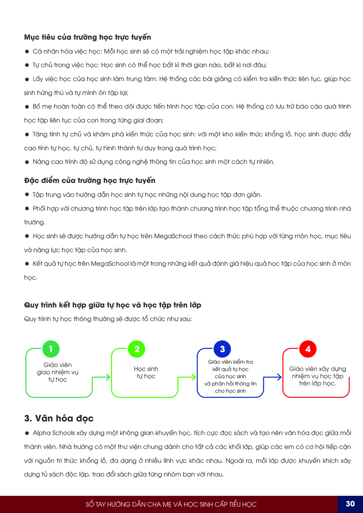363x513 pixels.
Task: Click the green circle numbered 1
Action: point(51,349)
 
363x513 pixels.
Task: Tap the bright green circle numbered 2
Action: point(137,349)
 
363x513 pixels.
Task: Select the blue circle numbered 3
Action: point(222,349)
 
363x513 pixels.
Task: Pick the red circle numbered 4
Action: point(308,349)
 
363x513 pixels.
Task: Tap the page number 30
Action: point(350,504)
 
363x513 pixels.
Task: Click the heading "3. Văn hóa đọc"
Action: point(59,418)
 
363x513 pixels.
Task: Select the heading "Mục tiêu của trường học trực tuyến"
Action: point(87,37)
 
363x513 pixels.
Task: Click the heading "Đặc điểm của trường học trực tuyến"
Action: point(90,180)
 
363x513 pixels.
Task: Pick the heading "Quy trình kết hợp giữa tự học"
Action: point(113,305)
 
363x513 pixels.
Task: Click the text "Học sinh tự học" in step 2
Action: point(146,372)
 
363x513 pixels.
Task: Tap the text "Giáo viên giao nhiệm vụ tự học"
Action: point(57,372)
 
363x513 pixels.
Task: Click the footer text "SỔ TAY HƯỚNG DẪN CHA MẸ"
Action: point(171,504)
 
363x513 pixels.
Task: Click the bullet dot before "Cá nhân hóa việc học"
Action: point(27,52)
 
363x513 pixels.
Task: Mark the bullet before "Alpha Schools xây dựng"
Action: point(27,433)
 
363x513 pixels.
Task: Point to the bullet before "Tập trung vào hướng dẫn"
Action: point(27,195)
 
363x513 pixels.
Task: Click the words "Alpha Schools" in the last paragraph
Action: point(54,433)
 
